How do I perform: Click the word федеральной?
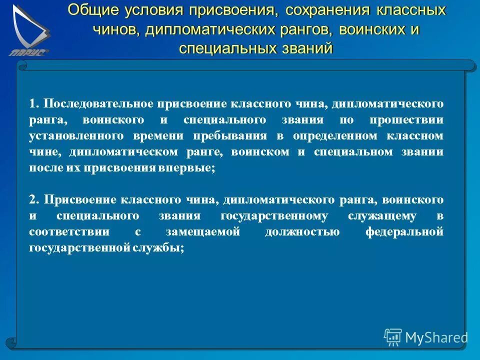[x=404, y=232]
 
